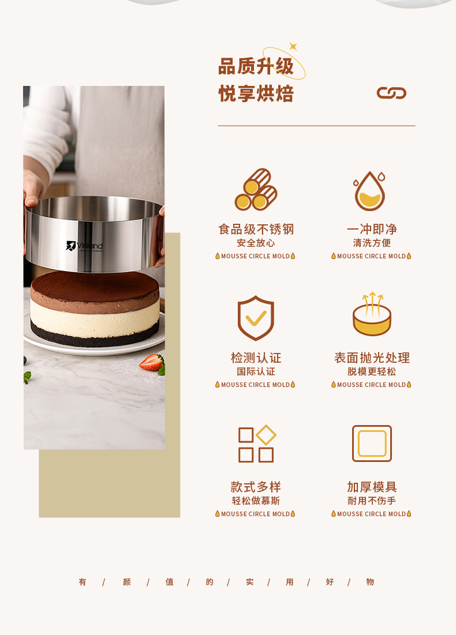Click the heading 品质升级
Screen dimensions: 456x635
coord(256,66)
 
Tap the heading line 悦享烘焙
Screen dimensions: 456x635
coord(256,93)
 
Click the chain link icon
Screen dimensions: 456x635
coord(391,93)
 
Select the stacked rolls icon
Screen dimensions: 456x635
coord(256,190)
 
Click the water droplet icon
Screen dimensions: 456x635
coord(369,191)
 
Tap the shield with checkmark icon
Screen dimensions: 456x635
coord(256,318)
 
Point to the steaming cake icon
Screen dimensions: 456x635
coord(372,314)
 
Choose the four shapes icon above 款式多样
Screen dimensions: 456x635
coord(257,444)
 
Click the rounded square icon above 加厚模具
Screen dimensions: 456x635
coord(372,444)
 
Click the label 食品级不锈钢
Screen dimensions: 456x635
coord(256,229)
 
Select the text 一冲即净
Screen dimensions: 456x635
coord(372,229)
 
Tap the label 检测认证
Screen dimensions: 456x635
coord(256,358)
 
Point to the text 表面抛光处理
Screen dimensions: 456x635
coord(372,358)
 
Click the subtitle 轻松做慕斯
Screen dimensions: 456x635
coord(256,501)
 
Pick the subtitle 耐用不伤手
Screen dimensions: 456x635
coord(372,501)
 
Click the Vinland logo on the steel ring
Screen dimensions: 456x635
coord(84,246)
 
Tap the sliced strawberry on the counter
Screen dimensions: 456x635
coord(152,362)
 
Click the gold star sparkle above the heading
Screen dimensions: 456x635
coord(293,47)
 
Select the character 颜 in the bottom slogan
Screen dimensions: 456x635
coord(127,582)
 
